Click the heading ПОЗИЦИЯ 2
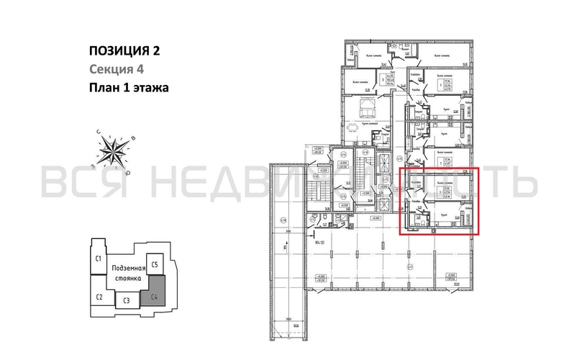coord(122,50)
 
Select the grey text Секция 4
coord(117,69)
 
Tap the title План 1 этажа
coord(129,89)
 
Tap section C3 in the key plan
coord(126,300)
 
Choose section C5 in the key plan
coord(154,264)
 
